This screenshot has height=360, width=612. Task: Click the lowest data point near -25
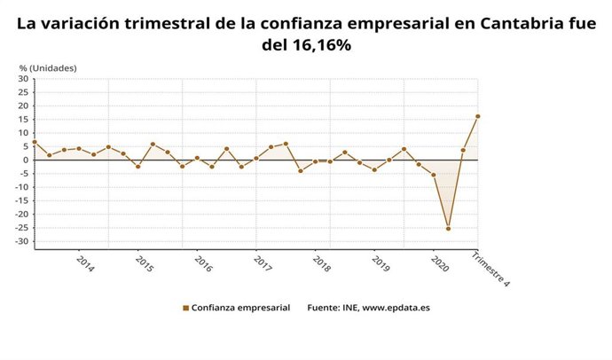[x=448, y=229]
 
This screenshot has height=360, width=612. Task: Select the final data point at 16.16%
[x=478, y=116]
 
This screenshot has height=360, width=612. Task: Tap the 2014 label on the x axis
[x=84, y=263]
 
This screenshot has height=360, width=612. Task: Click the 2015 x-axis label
[x=144, y=263]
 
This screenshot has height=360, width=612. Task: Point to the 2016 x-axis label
[x=203, y=263]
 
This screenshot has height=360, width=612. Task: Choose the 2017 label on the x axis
[x=263, y=263]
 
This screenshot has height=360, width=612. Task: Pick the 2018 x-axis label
[x=322, y=263]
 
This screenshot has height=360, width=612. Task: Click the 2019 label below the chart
[x=381, y=263]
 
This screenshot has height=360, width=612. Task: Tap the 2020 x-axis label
[x=439, y=263]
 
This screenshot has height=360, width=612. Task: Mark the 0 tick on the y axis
[x=27, y=160]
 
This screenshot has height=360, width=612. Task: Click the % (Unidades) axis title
[x=48, y=67]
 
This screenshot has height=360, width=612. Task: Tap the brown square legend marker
[x=185, y=309]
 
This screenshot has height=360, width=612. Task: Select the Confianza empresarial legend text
[x=240, y=309]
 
